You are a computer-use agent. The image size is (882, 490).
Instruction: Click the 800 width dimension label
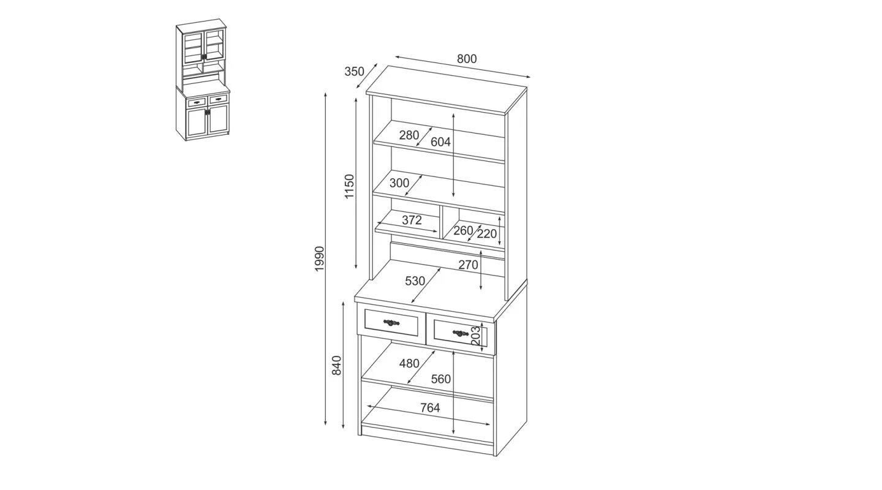467,59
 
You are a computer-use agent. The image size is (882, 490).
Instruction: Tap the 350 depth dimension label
355,71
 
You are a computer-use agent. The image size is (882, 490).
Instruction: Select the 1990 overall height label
319,258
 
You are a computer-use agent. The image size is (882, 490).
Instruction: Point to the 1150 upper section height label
349,186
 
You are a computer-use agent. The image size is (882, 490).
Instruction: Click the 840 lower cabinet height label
337,366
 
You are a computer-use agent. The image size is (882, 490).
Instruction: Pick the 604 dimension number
440,142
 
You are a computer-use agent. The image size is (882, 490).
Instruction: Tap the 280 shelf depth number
409,135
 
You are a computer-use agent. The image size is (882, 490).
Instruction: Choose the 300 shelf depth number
399,183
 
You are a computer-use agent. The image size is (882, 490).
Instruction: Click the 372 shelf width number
412,220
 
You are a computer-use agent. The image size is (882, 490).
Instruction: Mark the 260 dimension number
463,230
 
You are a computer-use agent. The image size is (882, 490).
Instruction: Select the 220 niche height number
487,234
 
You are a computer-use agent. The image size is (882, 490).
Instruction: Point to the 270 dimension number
468,265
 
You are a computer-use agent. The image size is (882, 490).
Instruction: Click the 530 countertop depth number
415,281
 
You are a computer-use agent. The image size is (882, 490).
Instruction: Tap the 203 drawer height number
476,336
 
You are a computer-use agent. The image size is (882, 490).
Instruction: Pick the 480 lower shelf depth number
410,363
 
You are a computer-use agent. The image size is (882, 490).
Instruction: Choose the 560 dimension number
441,379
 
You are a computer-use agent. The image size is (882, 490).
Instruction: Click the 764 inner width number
430,408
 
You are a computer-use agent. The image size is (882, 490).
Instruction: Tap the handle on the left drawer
391,323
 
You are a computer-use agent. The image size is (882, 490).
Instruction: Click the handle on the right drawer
461,333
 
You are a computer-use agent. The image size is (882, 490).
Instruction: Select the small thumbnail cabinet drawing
202,80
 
